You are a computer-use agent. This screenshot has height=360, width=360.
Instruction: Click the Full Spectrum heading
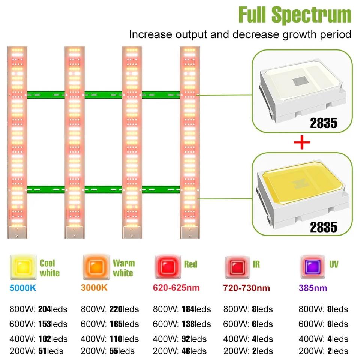[x=295, y=15]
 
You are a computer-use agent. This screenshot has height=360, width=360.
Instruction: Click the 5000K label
[x=22, y=288]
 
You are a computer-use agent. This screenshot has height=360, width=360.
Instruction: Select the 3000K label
[x=94, y=288]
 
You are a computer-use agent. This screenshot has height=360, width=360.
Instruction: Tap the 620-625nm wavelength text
[x=176, y=288]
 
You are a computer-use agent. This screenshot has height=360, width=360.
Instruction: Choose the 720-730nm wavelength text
[x=246, y=288]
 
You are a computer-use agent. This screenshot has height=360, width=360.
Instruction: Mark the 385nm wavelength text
[x=313, y=288]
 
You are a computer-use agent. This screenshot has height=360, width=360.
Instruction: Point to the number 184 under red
[x=188, y=309]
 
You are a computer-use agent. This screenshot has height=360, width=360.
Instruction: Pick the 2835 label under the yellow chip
[x=323, y=227]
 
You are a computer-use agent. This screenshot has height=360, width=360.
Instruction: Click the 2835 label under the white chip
[x=323, y=123]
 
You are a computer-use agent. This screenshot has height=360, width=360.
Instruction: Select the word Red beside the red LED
[x=190, y=264]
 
